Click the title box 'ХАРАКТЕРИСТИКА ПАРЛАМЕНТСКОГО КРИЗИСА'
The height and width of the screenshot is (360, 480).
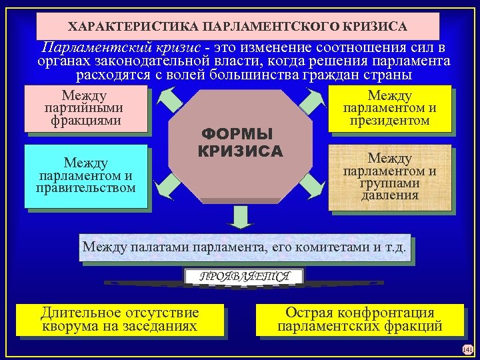point(238,27)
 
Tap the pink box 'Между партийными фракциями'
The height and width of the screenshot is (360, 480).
point(85,108)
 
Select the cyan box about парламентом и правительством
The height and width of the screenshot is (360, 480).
point(85,175)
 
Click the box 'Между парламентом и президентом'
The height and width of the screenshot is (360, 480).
point(390,109)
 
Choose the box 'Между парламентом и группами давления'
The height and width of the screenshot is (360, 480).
point(390,177)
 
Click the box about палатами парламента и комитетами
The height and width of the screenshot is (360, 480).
point(244,248)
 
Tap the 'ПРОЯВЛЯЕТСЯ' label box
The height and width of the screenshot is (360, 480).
point(244,276)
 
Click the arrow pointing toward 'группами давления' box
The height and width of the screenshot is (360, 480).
point(312,184)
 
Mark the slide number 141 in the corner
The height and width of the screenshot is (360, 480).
point(467,349)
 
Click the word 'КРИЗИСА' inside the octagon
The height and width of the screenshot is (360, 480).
point(240,151)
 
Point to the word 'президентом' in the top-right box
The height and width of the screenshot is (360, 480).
point(390,121)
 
